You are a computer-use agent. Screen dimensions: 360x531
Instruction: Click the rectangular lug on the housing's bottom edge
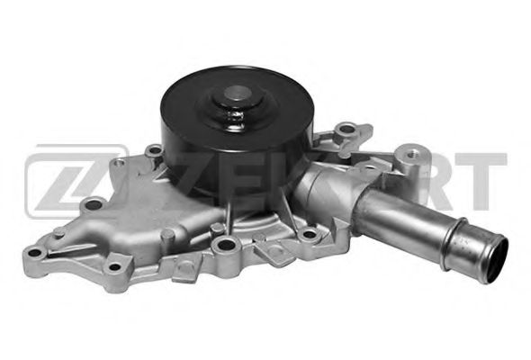[181, 265]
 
